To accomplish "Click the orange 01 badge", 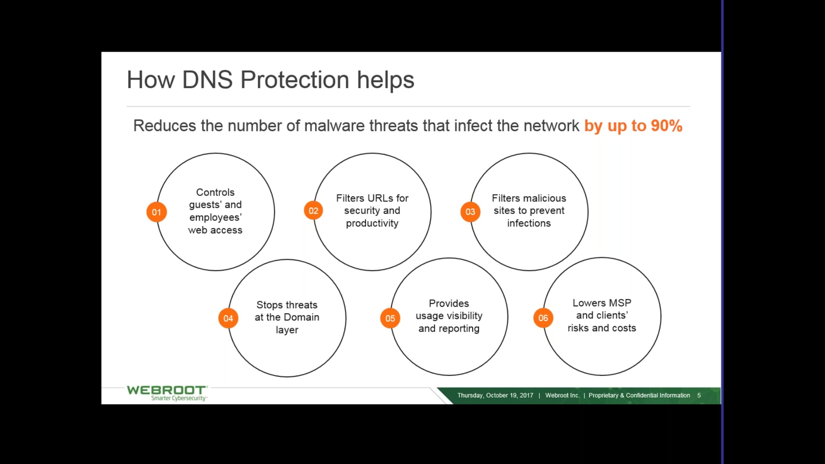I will click(x=156, y=212).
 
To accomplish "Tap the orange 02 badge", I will click(x=313, y=211).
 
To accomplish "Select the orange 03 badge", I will click(x=470, y=212).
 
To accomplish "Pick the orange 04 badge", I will click(x=228, y=318).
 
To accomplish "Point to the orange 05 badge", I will click(x=390, y=318).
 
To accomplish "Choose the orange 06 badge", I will click(x=543, y=318).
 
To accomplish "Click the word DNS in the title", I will click(x=207, y=80).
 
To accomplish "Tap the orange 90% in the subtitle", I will click(x=667, y=126).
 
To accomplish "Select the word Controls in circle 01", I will click(x=215, y=192).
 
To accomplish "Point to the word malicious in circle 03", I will click(x=546, y=198).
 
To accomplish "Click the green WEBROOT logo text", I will click(x=166, y=390).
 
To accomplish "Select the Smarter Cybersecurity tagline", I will click(x=179, y=398).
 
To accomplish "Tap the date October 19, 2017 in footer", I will click(x=509, y=395).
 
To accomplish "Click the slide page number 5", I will click(x=699, y=395).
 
